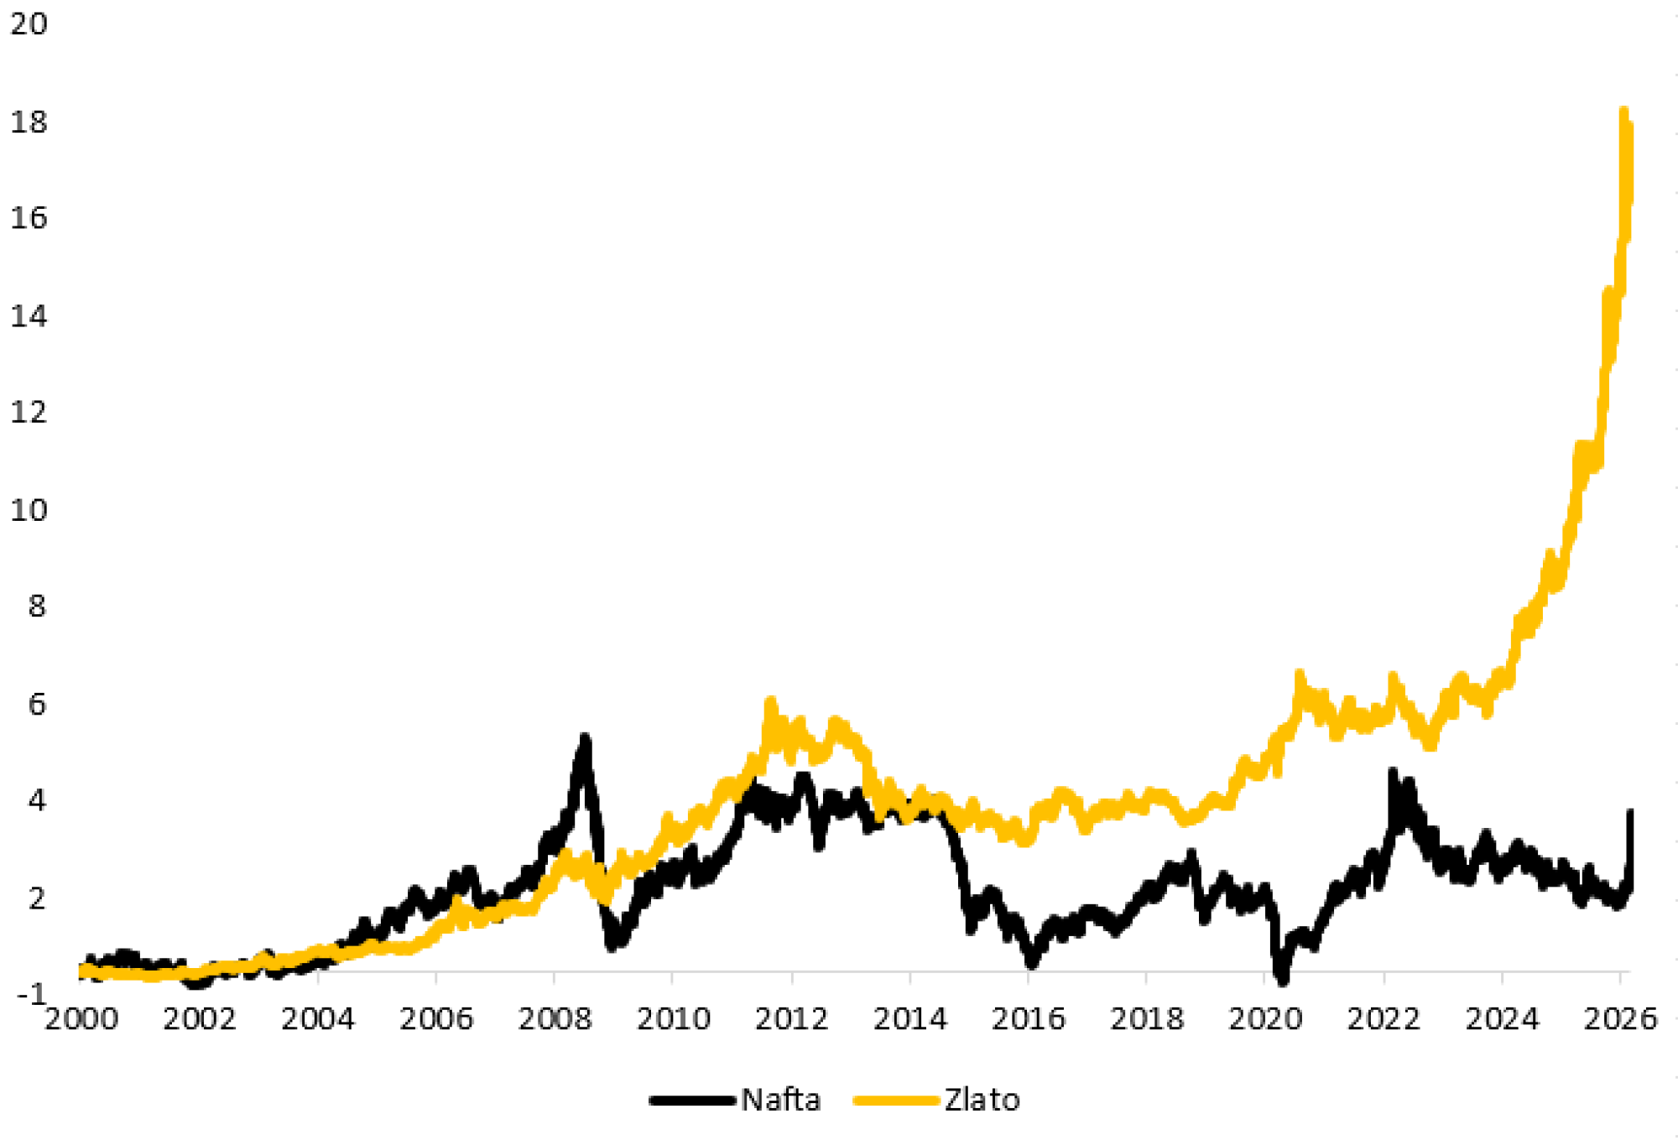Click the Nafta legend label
(x=780, y=1100)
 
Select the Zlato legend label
(x=982, y=1100)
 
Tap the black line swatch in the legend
(x=692, y=1101)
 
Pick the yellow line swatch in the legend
(x=895, y=1101)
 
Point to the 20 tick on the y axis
(x=29, y=23)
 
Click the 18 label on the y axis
(x=29, y=122)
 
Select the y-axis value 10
(x=29, y=510)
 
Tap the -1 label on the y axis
(x=32, y=993)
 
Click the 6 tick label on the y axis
(x=37, y=704)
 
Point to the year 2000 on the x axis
(x=81, y=1019)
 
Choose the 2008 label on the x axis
(x=555, y=1019)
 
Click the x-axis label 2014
(x=910, y=1019)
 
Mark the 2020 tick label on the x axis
(x=1265, y=1019)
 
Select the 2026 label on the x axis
(x=1620, y=1019)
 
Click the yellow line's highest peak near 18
(x=1623, y=112)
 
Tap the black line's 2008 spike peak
(x=585, y=738)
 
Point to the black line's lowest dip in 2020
(x=1282, y=979)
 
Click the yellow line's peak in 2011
(x=770, y=701)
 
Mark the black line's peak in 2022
(x=1393, y=772)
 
